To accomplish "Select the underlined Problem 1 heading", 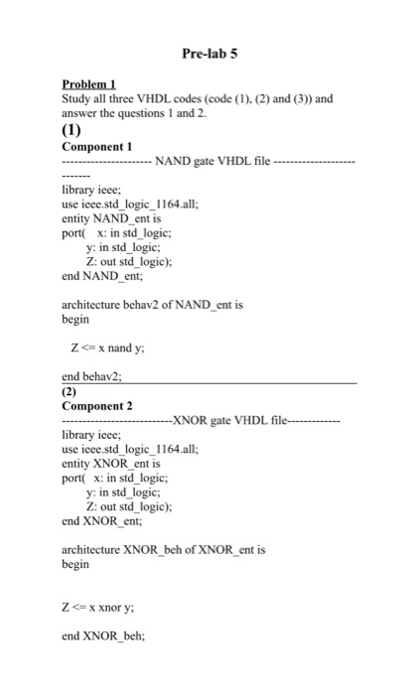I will point(89,84).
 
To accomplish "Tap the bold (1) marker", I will point(72,128).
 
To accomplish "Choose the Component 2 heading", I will point(97,406).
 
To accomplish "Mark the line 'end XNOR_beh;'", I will point(102,637).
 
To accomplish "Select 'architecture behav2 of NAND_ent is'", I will point(152,305).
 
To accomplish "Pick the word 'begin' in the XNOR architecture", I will point(75,564).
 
